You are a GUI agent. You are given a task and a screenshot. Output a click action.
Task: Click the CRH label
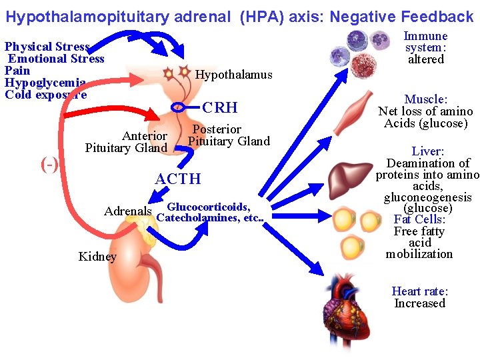[x=219, y=107]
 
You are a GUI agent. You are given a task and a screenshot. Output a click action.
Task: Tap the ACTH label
[x=177, y=179]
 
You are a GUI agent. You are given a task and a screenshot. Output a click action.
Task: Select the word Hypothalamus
[x=233, y=75]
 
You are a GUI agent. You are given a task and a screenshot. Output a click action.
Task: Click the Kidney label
[x=97, y=257]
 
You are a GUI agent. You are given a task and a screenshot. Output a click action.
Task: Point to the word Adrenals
[x=128, y=211]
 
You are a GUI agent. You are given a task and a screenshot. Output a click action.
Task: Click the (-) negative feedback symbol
[x=49, y=165]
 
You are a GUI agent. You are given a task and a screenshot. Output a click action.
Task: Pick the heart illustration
[x=349, y=314]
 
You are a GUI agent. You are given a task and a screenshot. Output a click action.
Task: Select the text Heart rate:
[x=420, y=291]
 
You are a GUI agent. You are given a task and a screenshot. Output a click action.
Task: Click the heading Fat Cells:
[x=420, y=219]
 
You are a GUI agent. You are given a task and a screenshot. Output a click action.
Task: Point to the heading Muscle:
[x=425, y=99]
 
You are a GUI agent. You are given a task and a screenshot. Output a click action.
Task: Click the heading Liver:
[x=427, y=151]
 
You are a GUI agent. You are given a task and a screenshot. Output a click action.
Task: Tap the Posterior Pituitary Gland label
[x=229, y=135]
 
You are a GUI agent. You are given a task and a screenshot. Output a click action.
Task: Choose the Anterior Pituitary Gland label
[x=127, y=141]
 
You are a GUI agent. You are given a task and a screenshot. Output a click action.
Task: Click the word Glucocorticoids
[x=208, y=207]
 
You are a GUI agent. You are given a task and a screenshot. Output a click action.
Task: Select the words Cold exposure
[x=45, y=94]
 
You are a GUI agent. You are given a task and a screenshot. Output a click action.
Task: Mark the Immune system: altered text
[x=425, y=47]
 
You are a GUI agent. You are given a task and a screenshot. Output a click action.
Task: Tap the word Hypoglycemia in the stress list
[x=45, y=82]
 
